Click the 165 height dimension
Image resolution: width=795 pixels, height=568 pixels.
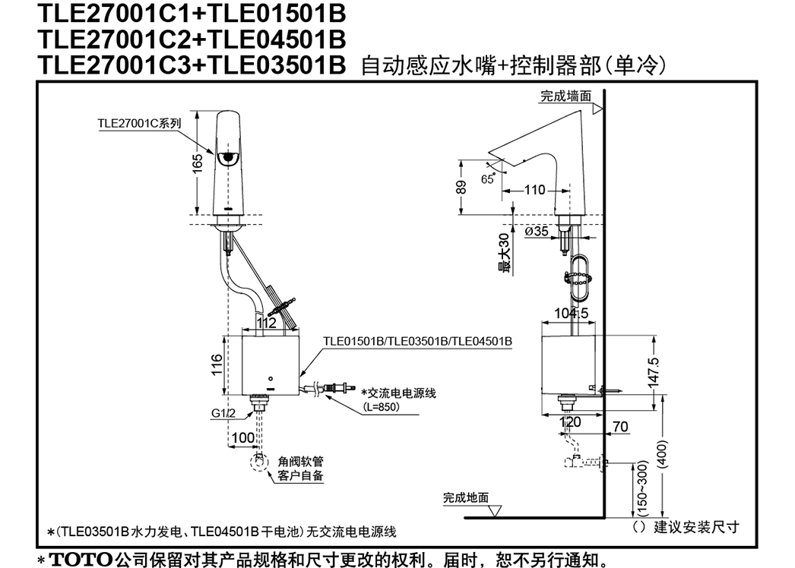[197, 163]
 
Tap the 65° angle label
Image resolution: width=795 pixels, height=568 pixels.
[488, 179]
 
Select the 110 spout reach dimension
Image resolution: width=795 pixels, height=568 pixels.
[534, 190]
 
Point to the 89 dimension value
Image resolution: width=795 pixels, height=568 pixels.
[461, 187]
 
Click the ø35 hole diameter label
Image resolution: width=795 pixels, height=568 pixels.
[537, 231]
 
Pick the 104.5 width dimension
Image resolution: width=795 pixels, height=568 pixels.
[572, 313]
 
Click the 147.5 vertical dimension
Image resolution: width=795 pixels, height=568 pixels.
[654, 372]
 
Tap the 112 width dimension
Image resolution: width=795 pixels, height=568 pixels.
[267, 323]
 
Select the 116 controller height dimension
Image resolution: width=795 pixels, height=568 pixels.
[217, 364]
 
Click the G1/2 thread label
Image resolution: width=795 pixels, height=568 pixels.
[223, 413]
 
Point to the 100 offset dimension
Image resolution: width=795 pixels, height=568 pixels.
[243, 437]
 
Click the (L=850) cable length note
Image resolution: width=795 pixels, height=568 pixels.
[382, 407]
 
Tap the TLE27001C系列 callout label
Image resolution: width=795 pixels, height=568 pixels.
[139, 123]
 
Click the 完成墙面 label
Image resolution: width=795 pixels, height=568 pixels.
[565, 96]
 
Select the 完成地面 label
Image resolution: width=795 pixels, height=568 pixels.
[466, 497]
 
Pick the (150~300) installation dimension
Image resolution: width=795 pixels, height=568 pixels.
[642, 488]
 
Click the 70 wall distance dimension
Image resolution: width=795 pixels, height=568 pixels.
[621, 427]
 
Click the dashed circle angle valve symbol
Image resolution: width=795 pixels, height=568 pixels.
[260, 462]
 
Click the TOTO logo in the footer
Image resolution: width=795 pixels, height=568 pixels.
[81, 560]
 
